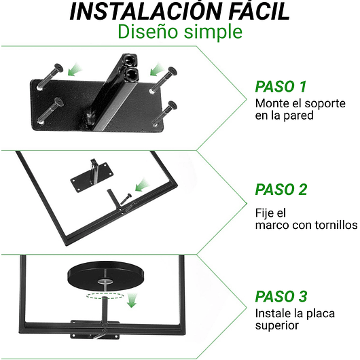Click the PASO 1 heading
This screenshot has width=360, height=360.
coord(281,86)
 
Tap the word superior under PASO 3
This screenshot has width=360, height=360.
coord(276,326)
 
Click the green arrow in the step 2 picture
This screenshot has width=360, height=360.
coord(141,184)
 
